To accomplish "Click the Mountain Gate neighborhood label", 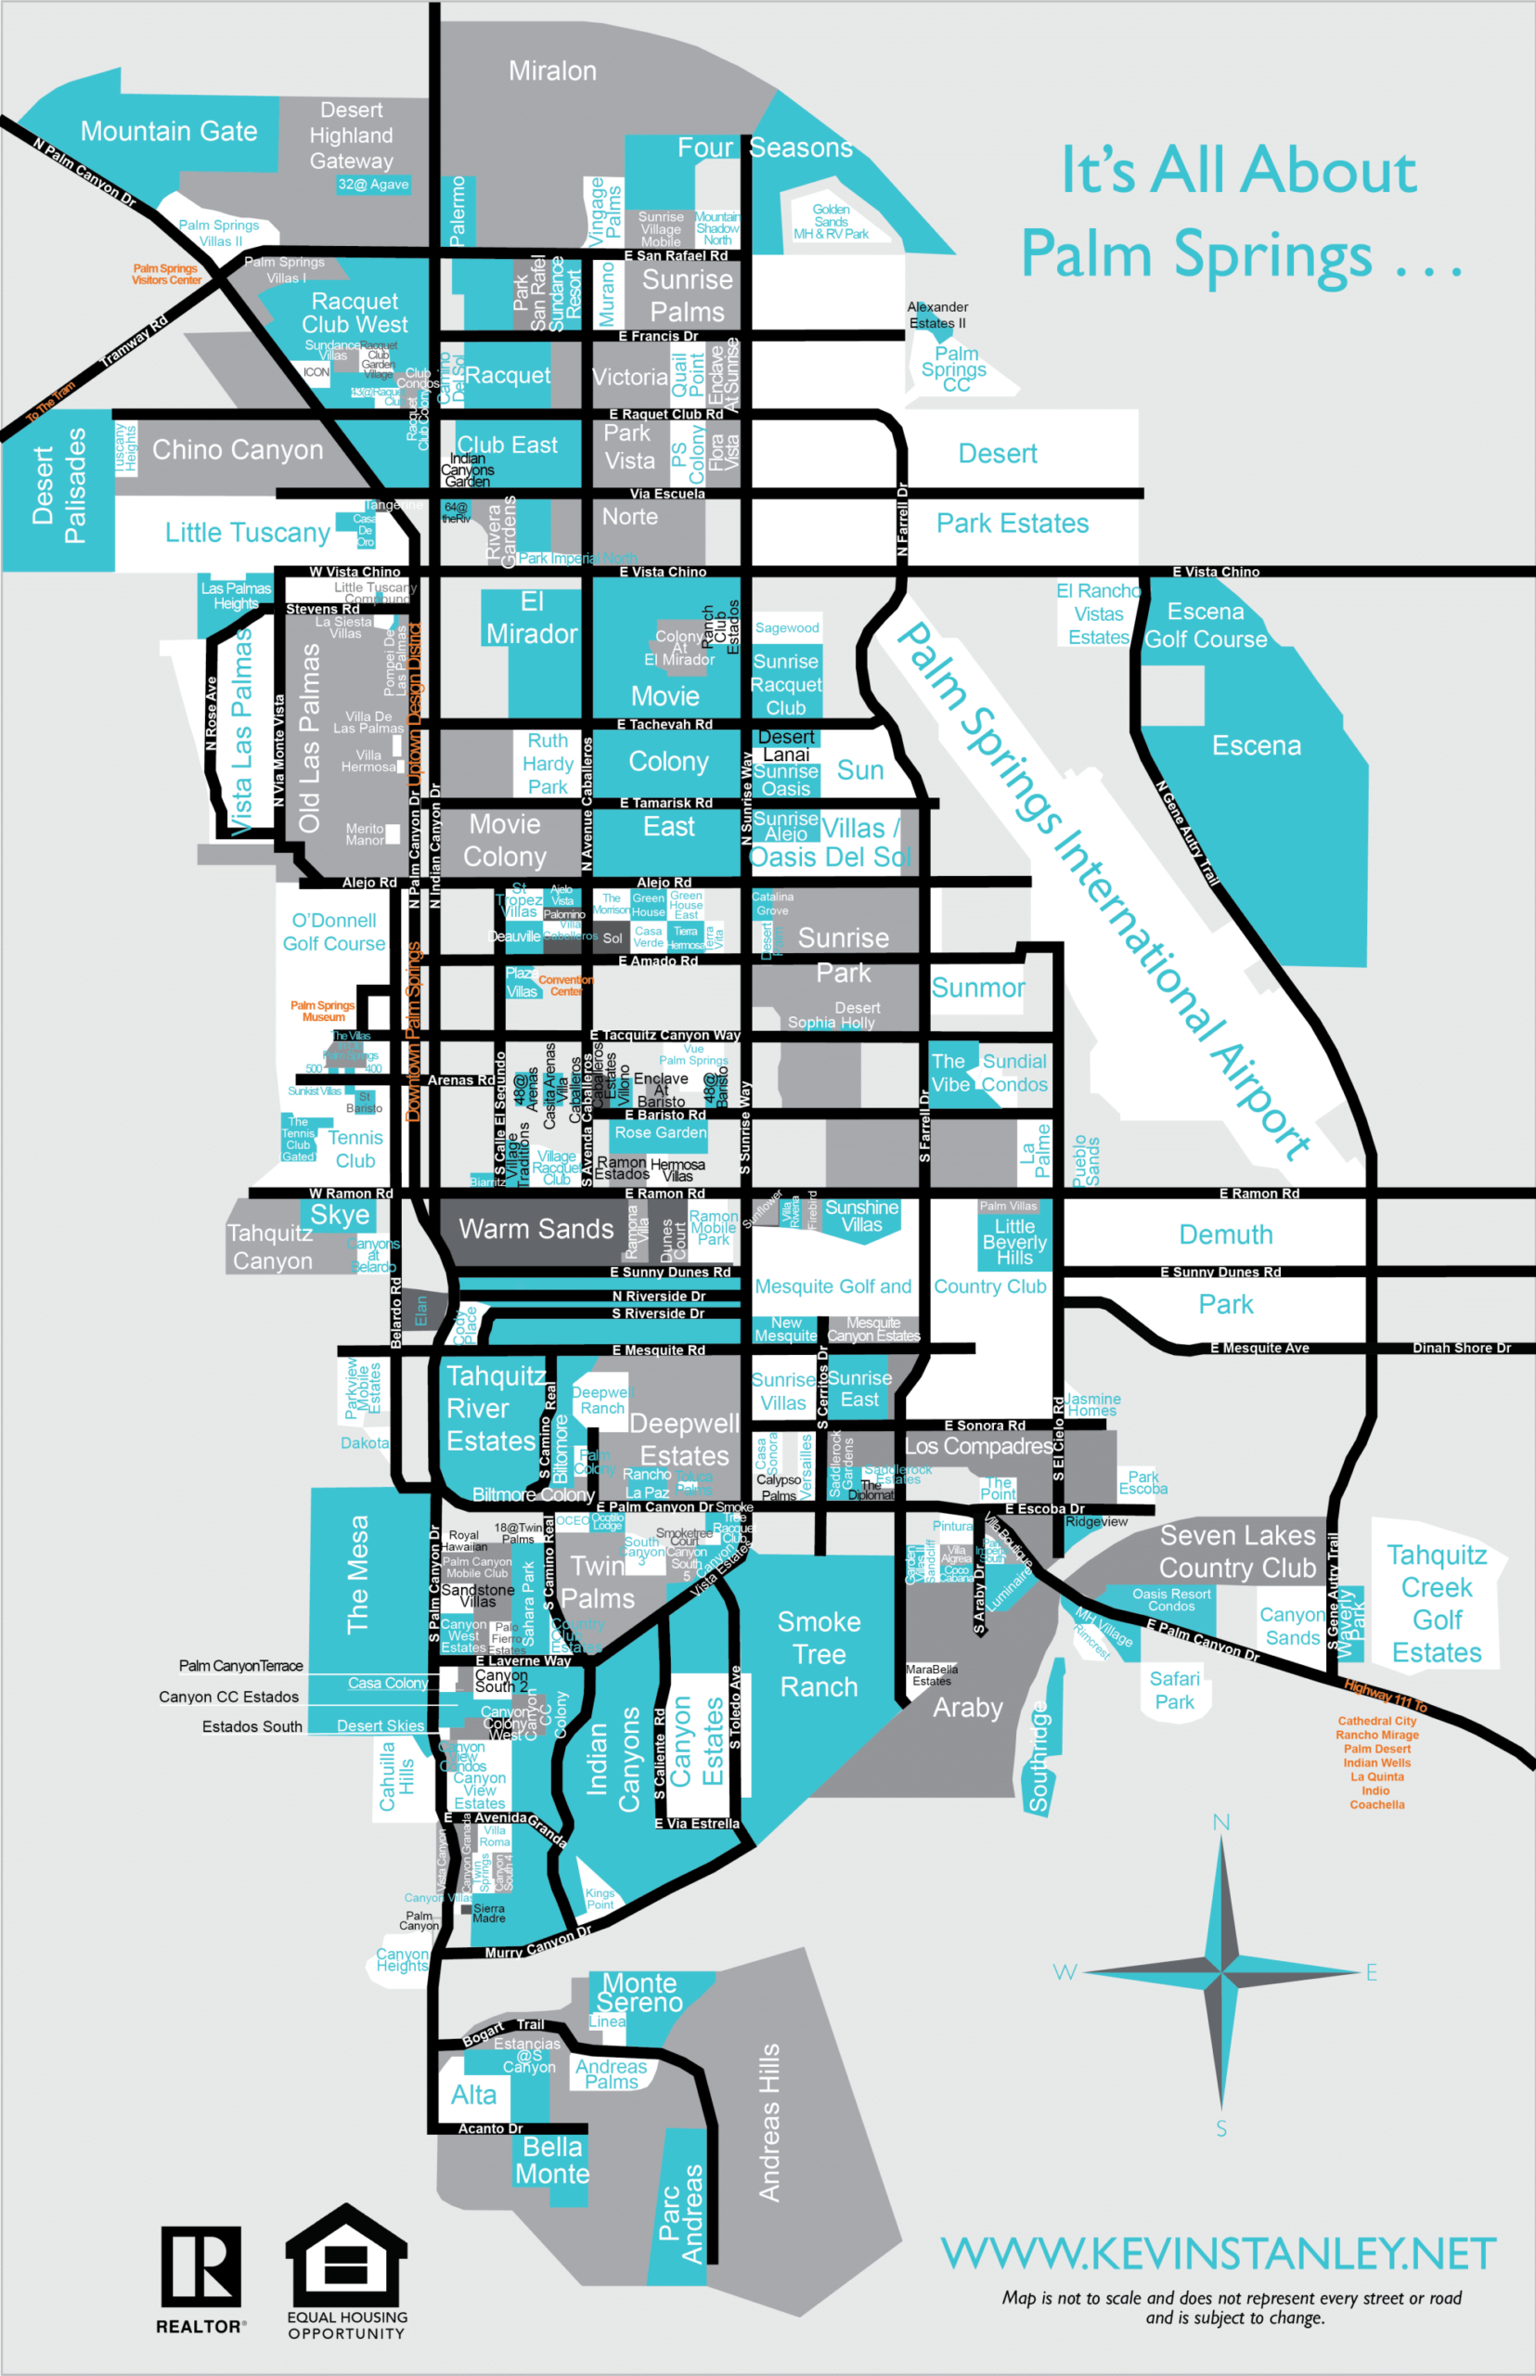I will tap(169, 131).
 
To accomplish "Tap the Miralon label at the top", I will tap(552, 71).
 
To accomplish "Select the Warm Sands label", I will tap(536, 1229).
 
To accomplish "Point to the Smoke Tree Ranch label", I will tap(819, 1654).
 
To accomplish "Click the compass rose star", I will tap(1220, 1972).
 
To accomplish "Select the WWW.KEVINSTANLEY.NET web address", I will tap(1218, 2253).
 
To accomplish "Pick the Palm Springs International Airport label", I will tap(1103, 891).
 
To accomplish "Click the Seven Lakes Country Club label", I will tap(1237, 1551).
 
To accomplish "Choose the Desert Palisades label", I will tap(58, 485).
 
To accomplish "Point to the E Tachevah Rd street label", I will tap(665, 724).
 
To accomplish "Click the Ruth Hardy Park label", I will tap(548, 764).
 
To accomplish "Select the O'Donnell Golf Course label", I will tap(333, 932).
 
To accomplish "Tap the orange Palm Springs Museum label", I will tap(322, 1011).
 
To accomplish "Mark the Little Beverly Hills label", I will tap(1014, 1242).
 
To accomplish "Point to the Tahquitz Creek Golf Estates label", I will tap(1437, 1604).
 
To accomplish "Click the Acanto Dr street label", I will tap(490, 2128).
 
